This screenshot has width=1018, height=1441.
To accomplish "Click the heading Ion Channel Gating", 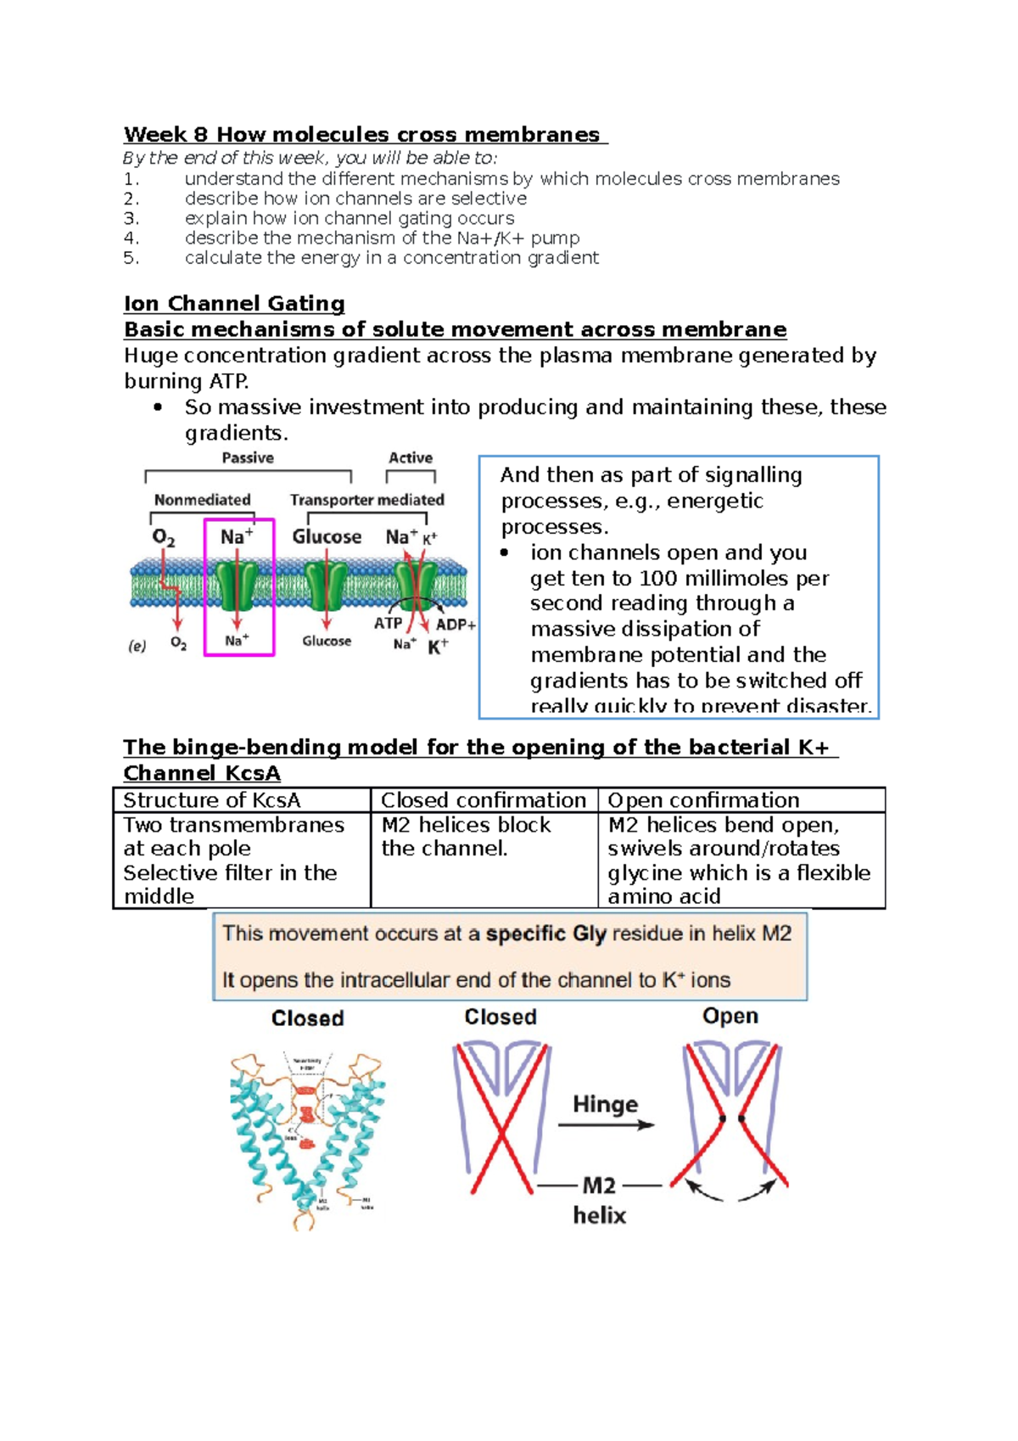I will pyautogui.click(x=234, y=304).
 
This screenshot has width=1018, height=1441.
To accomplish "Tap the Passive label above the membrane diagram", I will pyautogui.click(x=248, y=458).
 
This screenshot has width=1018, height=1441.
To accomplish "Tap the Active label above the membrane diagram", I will pyautogui.click(x=411, y=458).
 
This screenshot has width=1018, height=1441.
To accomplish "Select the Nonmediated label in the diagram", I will pyautogui.click(x=202, y=500).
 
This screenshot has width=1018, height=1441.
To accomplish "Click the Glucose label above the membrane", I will pyautogui.click(x=327, y=537).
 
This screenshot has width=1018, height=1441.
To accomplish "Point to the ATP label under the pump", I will pyautogui.click(x=389, y=623).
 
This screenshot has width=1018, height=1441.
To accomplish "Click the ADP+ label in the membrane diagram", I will pyautogui.click(x=456, y=625).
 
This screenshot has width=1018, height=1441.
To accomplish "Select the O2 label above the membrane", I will pyautogui.click(x=164, y=538).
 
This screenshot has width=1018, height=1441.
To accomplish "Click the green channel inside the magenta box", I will pyautogui.click(x=236, y=585).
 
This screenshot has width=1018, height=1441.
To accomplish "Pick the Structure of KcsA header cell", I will pyautogui.click(x=212, y=800).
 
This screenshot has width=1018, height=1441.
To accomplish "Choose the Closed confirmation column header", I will pyautogui.click(x=483, y=800).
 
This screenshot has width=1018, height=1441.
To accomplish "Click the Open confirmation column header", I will pyautogui.click(x=703, y=800).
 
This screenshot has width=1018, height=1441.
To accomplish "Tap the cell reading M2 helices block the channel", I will pyautogui.click(x=467, y=837).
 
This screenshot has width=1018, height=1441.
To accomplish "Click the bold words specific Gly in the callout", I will pyautogui.click(x=545, y=934).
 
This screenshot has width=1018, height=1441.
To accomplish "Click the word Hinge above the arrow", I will pyautogui.click(x=605, y=1104).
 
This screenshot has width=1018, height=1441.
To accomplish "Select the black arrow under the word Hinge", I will pyautogui.click(x=606, y=1125).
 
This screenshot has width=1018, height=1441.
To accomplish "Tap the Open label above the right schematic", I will pyautogui.click(x=730, y=1016).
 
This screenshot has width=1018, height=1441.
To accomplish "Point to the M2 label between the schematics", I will pyautogui.click(x=599, y=1186).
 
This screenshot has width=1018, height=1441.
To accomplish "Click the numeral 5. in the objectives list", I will pyautogui.click(x=131, y=258).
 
